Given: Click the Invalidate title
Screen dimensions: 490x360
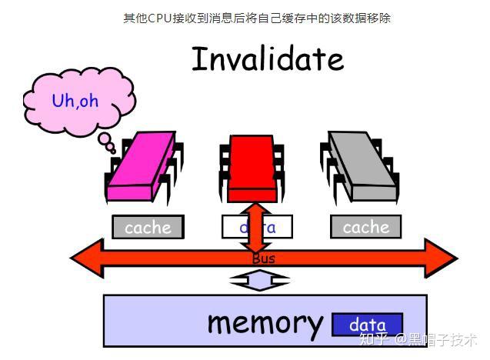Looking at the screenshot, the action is pos(267,59).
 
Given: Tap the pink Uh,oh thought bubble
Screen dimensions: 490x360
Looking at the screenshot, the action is pos(75,101).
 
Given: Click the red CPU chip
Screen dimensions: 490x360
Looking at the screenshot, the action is pos(252,165).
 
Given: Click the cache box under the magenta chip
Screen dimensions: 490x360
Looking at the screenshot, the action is pos(148,227).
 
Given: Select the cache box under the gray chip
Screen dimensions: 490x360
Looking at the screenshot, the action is pos(365,227).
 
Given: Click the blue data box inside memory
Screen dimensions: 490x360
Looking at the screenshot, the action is pos(367,325).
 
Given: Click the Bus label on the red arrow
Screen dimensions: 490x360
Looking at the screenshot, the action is pos(263,259).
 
